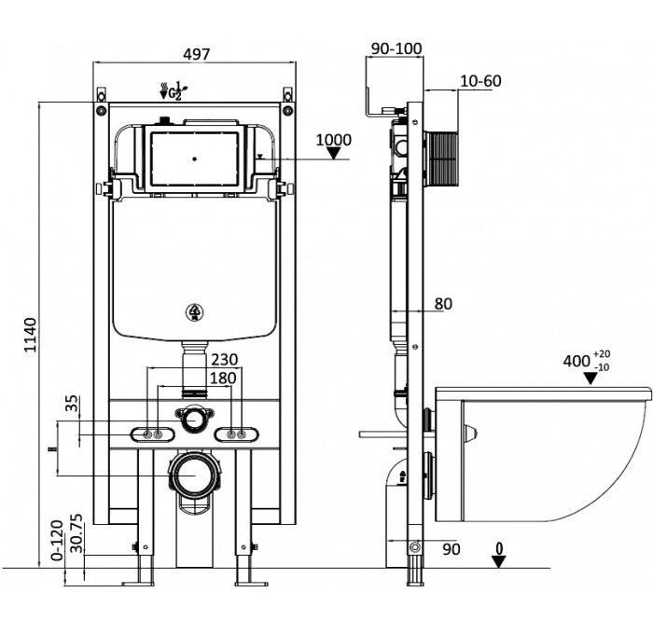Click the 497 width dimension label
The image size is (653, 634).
click(195, 54)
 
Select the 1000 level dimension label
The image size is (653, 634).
click(333, 141)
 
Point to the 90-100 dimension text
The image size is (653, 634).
click(395, 48)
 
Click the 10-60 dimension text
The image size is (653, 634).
click(480, 81)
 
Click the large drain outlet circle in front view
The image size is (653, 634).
click(194, 476)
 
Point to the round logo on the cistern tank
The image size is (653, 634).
click(195, 312)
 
